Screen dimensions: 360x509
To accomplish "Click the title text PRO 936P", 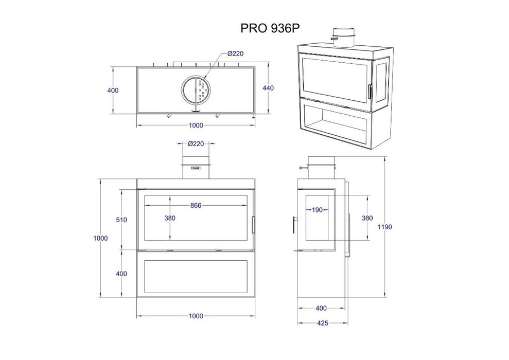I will pos(270,28).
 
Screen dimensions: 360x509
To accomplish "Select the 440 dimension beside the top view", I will pos(268,88).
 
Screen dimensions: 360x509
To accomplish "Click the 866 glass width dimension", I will pos(195,205).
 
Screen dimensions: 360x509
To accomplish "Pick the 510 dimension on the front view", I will pos(121,220).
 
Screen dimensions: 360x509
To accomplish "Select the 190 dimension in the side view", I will pos(317,210).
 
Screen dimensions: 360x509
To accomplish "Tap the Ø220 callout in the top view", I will pos(235,53).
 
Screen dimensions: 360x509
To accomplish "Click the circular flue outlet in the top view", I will pos(195,90).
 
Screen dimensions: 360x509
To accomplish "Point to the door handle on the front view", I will pos(253,224).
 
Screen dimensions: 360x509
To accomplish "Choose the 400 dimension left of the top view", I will pos(113,91).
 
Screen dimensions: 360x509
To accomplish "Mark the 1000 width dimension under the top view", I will pos(196,125).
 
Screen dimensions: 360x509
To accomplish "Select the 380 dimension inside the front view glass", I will pos(170,218).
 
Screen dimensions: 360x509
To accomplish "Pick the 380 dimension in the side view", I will pos(367,218).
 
